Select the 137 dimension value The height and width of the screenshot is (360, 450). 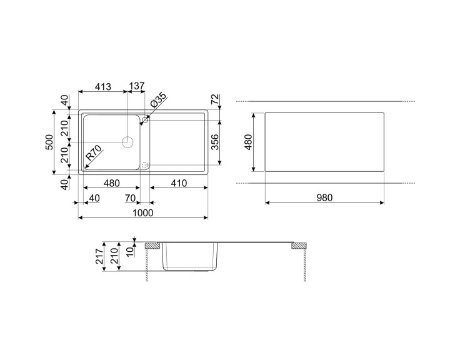tap(137, 87)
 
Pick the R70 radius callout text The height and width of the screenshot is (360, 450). tap(94, 154)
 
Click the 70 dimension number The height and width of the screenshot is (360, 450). tap(131, 199)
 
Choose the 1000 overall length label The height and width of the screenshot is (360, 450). tap(143, 212)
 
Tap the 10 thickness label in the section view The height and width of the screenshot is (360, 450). tap(130, 251)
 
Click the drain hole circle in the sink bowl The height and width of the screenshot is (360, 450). tap(128, 141)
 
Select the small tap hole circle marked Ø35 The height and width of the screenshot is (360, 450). tap(146, 119)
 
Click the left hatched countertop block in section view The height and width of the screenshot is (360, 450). tap(152, 246)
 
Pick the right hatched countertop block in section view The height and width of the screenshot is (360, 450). tap(299, 246)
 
